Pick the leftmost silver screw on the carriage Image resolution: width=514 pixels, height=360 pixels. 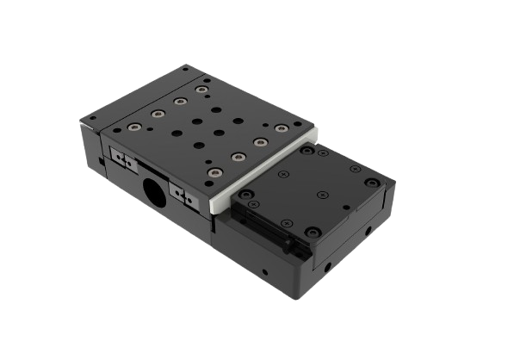pyautogui.click(x=134, y=127)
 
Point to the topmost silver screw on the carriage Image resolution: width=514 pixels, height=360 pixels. pyautogui.click(x=201, y=89)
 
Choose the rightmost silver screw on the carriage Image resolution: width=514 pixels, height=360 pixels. pyautogui.click(x=281, y=127)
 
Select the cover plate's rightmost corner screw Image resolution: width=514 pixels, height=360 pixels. pyautogui.click(x=370, y=183)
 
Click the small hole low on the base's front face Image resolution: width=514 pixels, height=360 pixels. pyautogui.click(x=265, y=273)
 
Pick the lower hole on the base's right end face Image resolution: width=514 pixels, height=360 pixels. pyautogui.click(x=326, y=264)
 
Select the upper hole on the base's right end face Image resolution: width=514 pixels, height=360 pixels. pyautogui.click(x=368, y=231)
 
